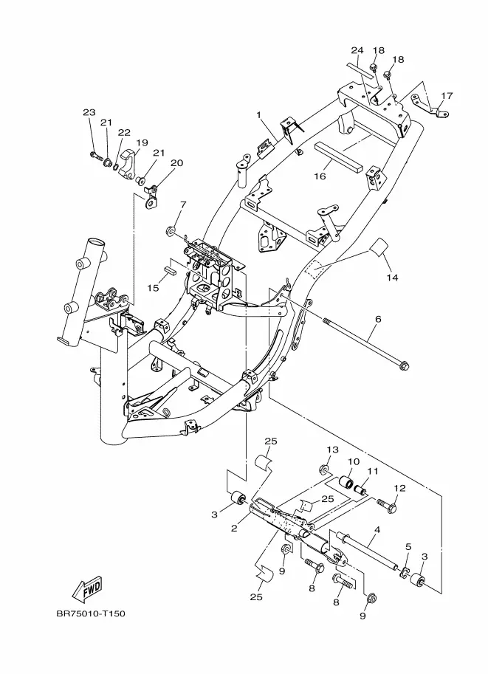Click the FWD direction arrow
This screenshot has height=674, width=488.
coord(86,588)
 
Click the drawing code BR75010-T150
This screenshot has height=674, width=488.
coord(91,613)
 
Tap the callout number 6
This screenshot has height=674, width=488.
coord(378,320)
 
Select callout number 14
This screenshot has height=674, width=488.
coord(392,278)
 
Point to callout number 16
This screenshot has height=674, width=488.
coord(320,176)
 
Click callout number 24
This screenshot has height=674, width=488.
coord(357,50)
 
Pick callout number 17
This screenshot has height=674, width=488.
coord(447,95)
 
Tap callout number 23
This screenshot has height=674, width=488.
coord(89,113)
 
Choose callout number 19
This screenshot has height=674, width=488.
coord(142,142)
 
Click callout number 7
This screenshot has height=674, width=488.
coord(183,204)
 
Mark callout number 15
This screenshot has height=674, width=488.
coord(153,288)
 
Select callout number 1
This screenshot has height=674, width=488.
coord(259,114)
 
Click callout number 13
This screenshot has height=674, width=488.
coord(332,450)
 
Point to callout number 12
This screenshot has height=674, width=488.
coord(400,488)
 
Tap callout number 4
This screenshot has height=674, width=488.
coord(377,530)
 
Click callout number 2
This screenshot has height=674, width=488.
coord(234,529)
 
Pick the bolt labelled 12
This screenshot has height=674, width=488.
coord(387,505)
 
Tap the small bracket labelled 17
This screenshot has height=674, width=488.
coord(429,106)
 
